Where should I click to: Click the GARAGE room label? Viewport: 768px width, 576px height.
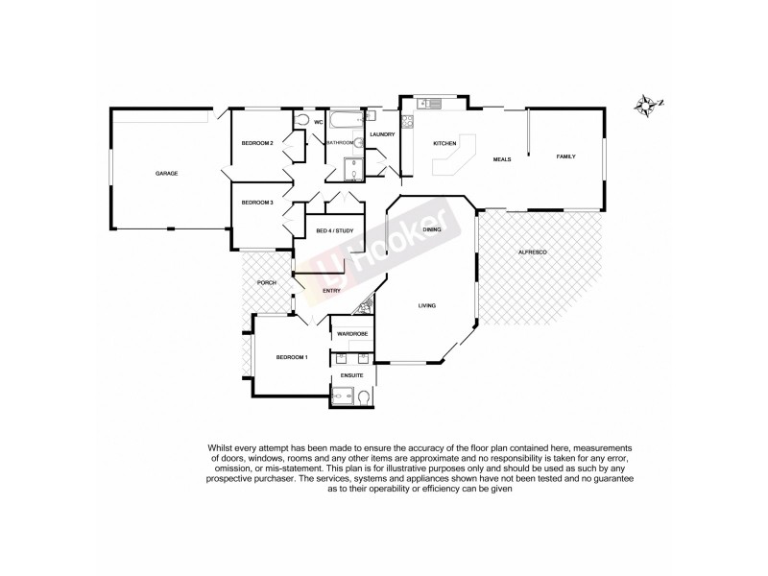pos(167,174)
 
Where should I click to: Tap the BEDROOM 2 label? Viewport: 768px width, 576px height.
pos(257,144)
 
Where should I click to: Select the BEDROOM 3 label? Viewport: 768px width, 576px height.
pos(257,203)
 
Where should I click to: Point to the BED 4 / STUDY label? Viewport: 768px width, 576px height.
pos(335,230)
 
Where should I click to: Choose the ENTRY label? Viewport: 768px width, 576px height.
pos(331,291)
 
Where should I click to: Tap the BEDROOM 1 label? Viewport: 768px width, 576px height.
pos(292,357)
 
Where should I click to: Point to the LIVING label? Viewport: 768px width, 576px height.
pos(427,306)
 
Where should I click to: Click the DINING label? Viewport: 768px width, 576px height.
pos(432,230)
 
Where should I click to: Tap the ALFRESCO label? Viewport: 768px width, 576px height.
pos(532,251)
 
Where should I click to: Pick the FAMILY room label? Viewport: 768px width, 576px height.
pos(566,156)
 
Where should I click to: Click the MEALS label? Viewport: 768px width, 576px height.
pos(501,159)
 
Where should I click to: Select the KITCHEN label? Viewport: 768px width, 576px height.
pos(444,143)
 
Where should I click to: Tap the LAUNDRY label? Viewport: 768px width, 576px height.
pos(382,134)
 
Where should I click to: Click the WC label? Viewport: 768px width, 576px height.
pos(318,122)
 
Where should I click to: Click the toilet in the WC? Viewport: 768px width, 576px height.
pos(302,121)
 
